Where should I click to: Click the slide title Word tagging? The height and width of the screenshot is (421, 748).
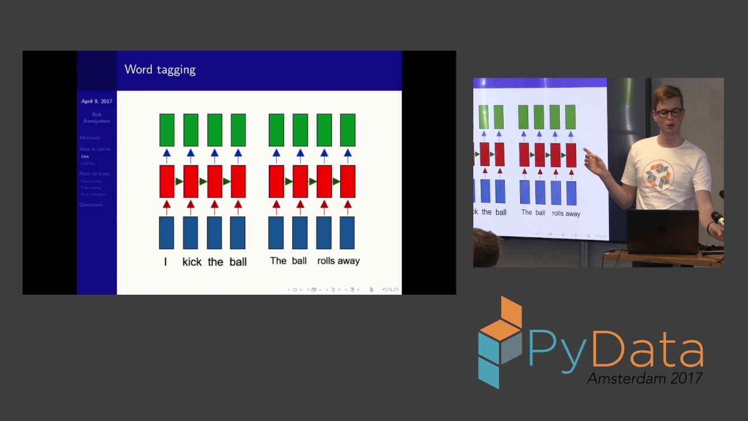click(x=160, y=70)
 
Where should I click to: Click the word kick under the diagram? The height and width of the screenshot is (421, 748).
click(x=192, y=261)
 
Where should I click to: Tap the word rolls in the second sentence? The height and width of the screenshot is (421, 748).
click(x=327, y=261)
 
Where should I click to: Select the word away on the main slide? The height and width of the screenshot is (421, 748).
click(x=349, y=261)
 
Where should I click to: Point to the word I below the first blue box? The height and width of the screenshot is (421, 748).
click(x=165, y=261)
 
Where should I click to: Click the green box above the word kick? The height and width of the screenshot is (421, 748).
click(x=191, y=130)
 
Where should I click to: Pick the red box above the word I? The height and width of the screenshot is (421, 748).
click(x=167, y=181)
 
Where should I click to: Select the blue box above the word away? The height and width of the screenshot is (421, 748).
click(x=347, y=233)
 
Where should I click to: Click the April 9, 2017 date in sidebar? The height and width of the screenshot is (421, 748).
click(x=96, y=101)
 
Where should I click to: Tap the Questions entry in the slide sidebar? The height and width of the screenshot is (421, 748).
click(x=91, y=205)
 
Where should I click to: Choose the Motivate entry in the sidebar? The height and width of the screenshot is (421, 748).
click(x=90, y=137)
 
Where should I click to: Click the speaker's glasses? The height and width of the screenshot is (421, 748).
click(x=669, y=112)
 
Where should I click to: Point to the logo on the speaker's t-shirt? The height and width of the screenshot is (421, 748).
click(x=659, y=176)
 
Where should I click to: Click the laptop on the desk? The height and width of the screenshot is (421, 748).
click(x=663, y=232)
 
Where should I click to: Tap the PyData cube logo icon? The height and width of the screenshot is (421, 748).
click(x=500, y=342)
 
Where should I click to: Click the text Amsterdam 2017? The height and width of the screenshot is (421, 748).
click(x=644, y=378)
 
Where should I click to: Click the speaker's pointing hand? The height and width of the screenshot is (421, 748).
click(x=595, y=163)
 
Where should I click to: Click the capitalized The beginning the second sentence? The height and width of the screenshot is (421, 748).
click(x=278, y=260)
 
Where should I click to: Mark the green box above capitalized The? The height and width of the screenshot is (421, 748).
click(x=276, y=130)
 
